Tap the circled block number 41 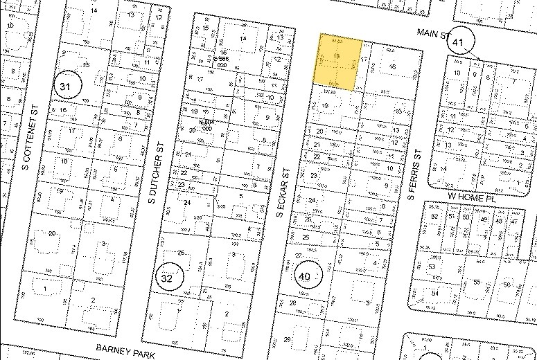[x=459, y=42]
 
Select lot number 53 [x=433, y=267]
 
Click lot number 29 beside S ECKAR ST [x=287, y=339]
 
